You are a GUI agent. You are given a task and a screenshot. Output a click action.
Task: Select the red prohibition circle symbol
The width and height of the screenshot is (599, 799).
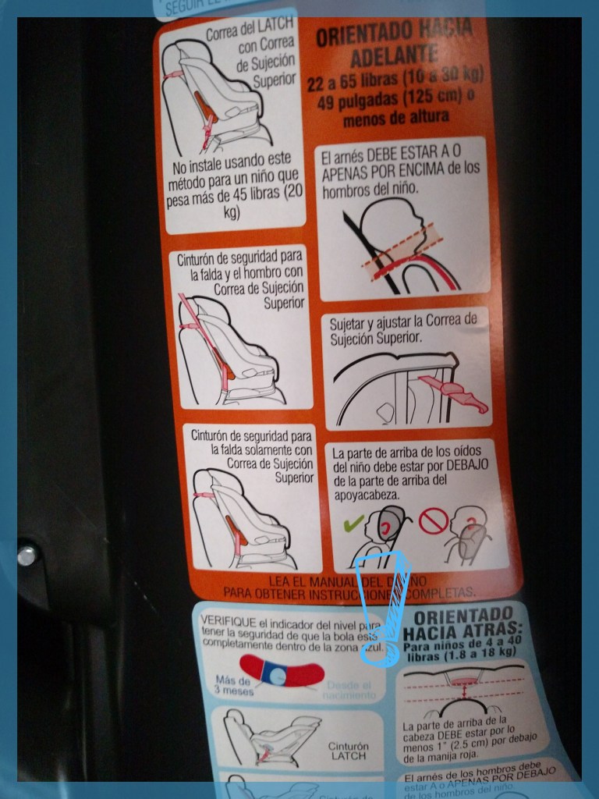pos(433,520)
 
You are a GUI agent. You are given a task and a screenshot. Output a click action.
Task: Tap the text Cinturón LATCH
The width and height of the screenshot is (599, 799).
pos(348,751)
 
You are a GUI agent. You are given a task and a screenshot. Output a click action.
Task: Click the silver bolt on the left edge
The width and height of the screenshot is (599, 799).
pos(27,555)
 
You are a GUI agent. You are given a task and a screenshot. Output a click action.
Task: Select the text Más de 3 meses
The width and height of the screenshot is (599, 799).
pos(232,685)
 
